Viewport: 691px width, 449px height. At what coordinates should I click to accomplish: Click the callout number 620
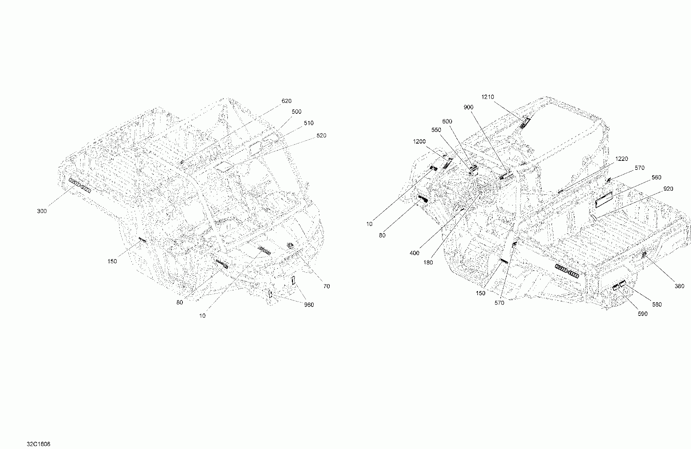(286, 101)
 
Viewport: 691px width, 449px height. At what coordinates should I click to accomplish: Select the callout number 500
(296, 112)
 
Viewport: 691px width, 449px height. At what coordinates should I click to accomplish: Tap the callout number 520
(321, 136)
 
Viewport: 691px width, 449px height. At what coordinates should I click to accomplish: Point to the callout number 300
(42, 211)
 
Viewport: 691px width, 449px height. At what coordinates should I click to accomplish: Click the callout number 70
(326, 286)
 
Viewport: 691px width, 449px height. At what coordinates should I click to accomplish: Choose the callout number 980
(309, 305)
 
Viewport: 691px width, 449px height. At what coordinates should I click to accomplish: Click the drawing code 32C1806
(38, 444)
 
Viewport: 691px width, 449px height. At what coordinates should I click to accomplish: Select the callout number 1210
(488, 97)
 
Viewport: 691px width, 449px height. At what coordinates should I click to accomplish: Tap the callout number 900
(468, 107)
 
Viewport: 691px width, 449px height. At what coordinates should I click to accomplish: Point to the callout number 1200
(419, 141)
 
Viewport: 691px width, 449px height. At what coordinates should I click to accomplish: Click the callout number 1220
(622, 159)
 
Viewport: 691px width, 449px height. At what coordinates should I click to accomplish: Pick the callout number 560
(656, 177)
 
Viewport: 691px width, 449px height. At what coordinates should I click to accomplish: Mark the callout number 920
(668, 189)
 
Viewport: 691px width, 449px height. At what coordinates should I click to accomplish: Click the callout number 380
(679, 286)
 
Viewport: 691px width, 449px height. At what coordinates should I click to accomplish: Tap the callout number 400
(414, 253)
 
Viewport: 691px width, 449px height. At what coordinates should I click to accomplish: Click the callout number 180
(428, 263)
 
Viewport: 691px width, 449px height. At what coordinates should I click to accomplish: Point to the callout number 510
(308, 123)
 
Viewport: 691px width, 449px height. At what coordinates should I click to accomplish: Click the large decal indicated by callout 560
(604, 200)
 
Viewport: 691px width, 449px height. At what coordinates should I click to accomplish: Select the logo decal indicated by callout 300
(80, 185)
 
